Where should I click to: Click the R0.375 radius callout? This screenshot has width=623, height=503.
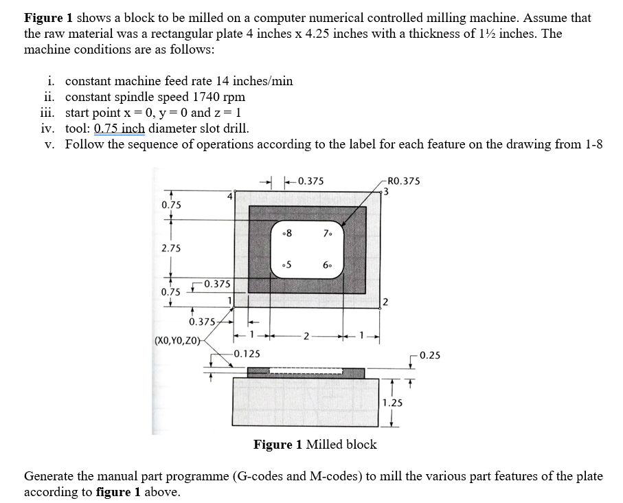(x=404, y=181)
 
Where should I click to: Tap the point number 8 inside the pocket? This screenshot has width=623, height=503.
(x=288, y=232)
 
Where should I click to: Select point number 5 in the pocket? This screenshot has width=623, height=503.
(x=288, y=265)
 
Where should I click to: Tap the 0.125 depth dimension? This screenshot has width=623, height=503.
(x=246, y=354)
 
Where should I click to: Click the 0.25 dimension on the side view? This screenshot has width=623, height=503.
(x=430, y=355)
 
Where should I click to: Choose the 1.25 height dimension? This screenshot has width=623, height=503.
(x=393, y=403)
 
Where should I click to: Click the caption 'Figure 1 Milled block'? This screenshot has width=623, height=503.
(x=315, y=445)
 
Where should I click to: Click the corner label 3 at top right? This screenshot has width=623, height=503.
(x=387, y=192)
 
